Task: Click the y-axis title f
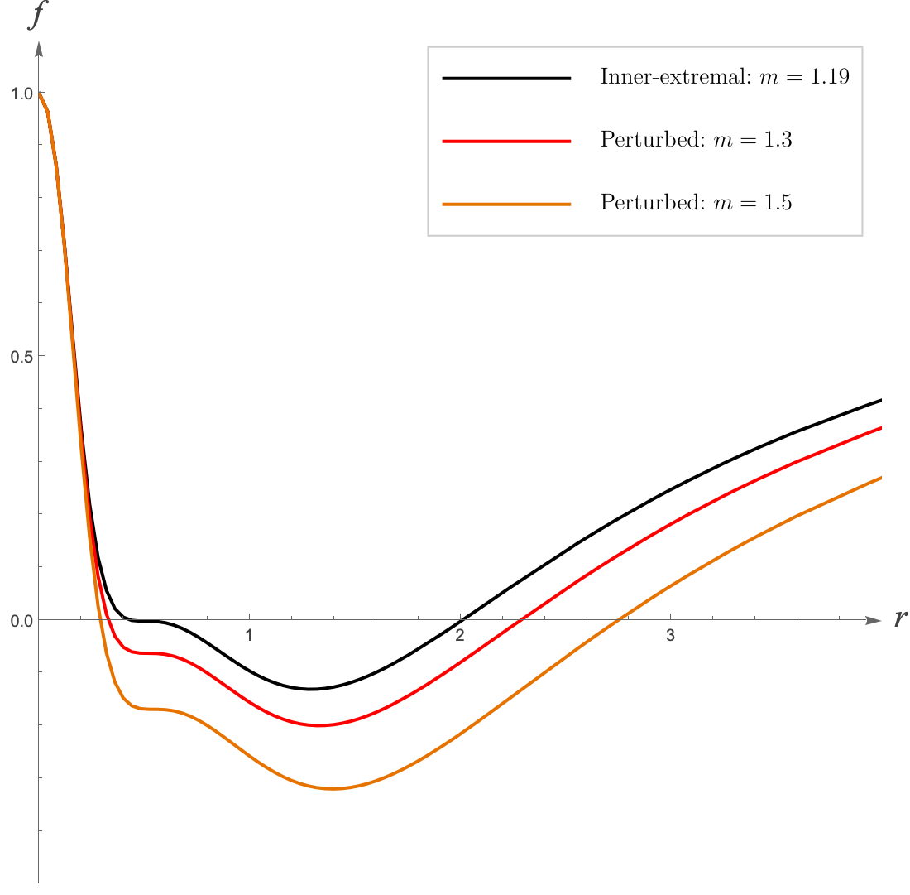point(37,14)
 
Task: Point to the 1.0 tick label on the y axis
point(22,94)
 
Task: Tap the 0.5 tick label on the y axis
point(22,357)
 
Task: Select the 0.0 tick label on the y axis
point(22,622)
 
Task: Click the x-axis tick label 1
point(249,635)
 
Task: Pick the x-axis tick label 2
point(460,635)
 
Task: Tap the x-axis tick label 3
point(670,635)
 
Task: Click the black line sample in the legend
point(506,78)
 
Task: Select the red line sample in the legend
point(506,141)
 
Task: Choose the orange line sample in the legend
point(506,205)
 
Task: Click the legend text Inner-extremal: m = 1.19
point(725,77)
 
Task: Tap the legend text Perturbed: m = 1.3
point(696,139)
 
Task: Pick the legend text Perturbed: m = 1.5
point(696,202)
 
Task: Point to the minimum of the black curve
point(312,689)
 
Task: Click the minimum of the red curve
point(318,725)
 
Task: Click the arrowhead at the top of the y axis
point(39,49)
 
